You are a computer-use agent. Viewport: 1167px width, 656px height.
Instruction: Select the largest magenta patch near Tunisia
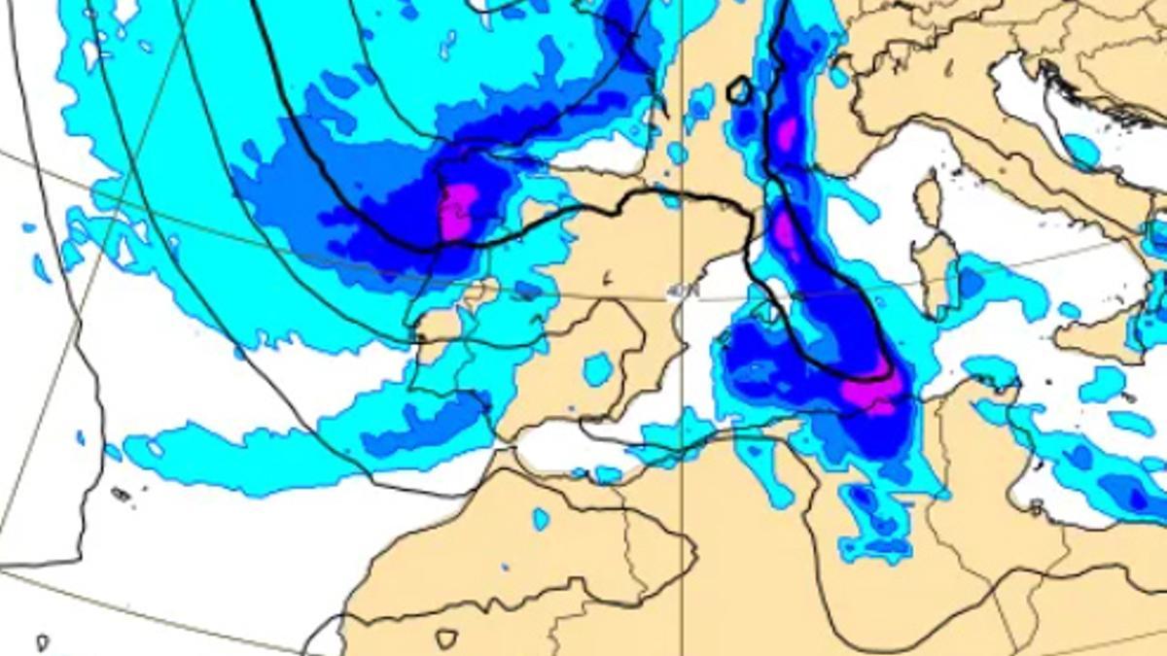pyautogui.click(x=871, y=391)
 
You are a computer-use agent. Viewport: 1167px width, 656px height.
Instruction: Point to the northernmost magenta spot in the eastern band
pyautogui.click(x=787, y=133)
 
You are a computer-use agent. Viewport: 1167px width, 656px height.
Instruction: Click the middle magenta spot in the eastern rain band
pyautogui.click(x=784, y=231)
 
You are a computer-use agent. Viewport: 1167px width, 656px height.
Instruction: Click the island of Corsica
pyautogui.click(x=930, y=199)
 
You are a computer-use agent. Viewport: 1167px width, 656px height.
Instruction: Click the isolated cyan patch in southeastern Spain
pyautogui.click(x=598, y=369)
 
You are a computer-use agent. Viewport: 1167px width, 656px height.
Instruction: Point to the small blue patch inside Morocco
pyautogui.click(x=541, y=519)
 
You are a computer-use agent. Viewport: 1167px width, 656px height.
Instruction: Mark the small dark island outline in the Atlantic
pyautogui.click(x=121, y=494)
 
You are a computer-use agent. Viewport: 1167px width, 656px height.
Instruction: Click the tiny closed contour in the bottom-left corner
pyautogui.click(x=42, y=642)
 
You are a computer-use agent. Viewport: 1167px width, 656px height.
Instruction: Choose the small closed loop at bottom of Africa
pyautogui.click(x=445, y=639)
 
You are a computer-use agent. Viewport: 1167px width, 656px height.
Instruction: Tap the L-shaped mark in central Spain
pyautogui.click(x=607, y=280)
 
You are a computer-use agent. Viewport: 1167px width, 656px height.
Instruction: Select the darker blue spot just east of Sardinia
pyautogui.click(x=971, y=282)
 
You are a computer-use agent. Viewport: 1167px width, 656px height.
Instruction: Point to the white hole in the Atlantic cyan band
pyautogui.click(x=124, y=252)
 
